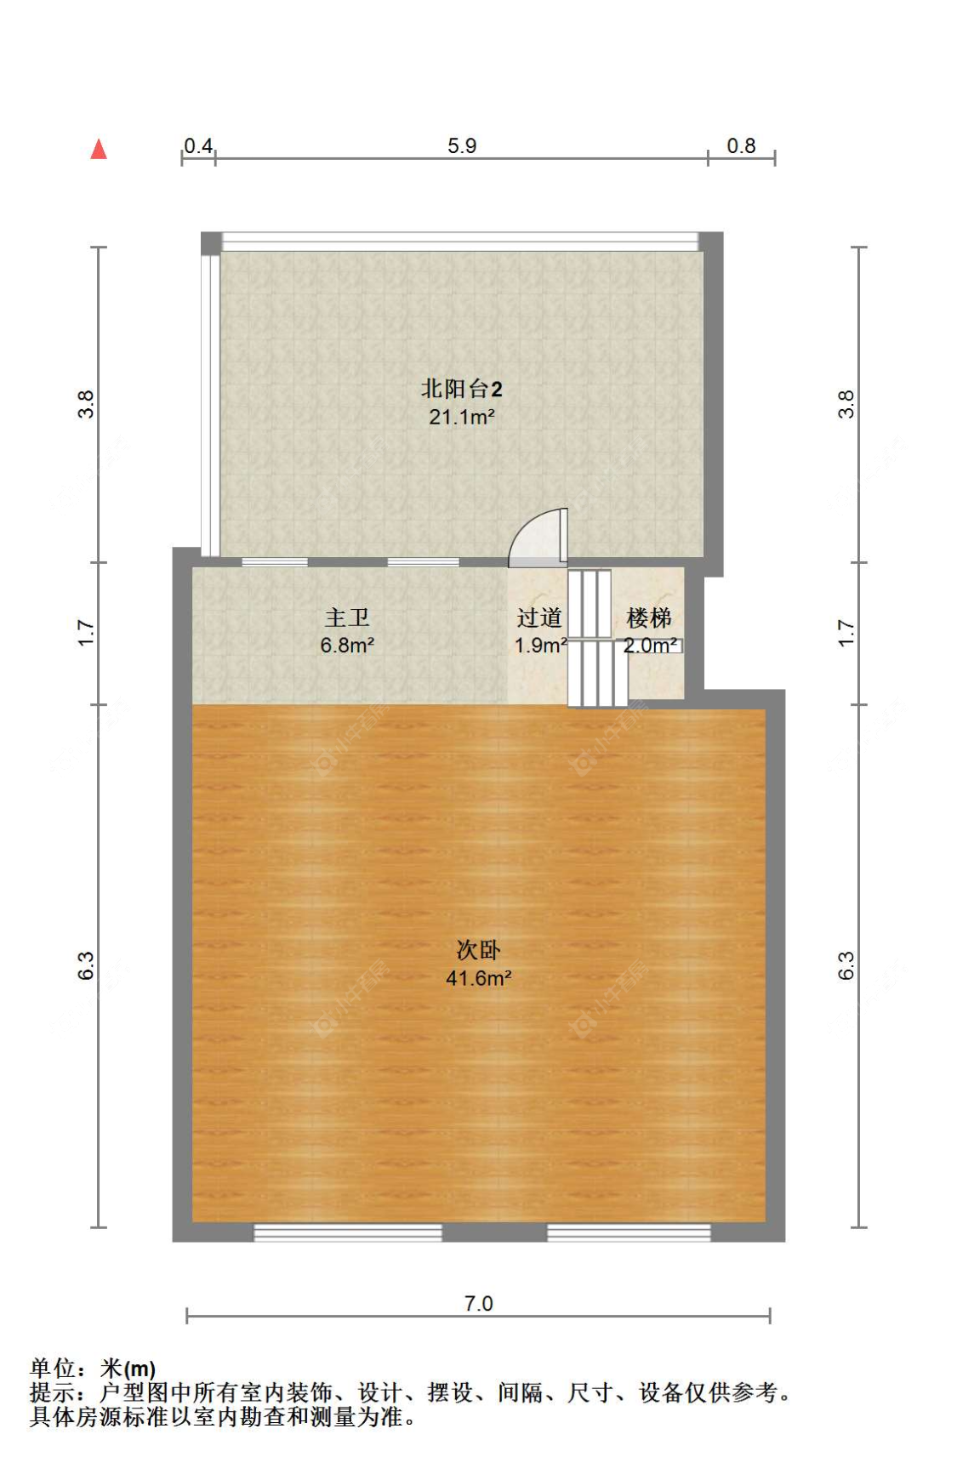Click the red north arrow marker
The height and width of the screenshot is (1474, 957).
tap(99, 150)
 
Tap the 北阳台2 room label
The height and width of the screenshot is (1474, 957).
tap(461, 389)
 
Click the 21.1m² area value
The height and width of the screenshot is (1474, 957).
tap(461, 417)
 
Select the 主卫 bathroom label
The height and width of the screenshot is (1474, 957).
tap(347, 617)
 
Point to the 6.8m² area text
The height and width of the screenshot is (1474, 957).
tap(347, 646)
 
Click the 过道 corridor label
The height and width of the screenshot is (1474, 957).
tap(539, 617)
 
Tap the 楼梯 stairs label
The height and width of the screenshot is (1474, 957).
tap(649, 617)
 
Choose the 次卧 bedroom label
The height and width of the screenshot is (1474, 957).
tap(478, 950)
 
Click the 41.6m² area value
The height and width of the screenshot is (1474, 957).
tap(478, 978)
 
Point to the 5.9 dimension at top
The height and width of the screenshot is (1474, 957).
tap(462, 145)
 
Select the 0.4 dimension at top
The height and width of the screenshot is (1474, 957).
tap(198, 145)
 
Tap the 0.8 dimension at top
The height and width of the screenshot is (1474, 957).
tap(741, 145)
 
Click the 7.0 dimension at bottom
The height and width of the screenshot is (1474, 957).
tap(478, 1303)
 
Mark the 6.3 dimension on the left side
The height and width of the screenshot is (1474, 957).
tap(86, 965)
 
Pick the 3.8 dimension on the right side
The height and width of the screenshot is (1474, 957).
tap(846, 404)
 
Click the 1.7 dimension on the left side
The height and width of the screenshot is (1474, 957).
tap(86, 633)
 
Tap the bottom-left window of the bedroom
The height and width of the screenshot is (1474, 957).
tap(348, 1232)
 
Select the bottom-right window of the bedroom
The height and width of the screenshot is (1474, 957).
tap(629, 1232)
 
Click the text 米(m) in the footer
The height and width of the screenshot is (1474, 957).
tap(128, 1369)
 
